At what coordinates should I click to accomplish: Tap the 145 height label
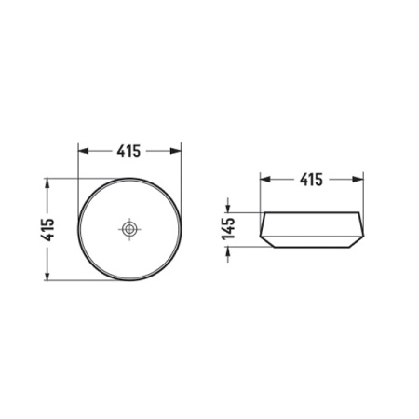(x=227, y=230)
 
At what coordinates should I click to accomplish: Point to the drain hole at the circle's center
(x=129, y=228)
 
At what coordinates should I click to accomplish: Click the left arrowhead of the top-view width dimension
(x=82, y=149)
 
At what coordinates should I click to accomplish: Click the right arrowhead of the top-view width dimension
(x=177, y=149)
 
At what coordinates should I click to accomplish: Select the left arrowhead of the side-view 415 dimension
(x=264, y=179)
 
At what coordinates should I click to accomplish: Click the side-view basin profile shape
(x=311, y=230)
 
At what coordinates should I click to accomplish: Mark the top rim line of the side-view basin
(x=311, y=213)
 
